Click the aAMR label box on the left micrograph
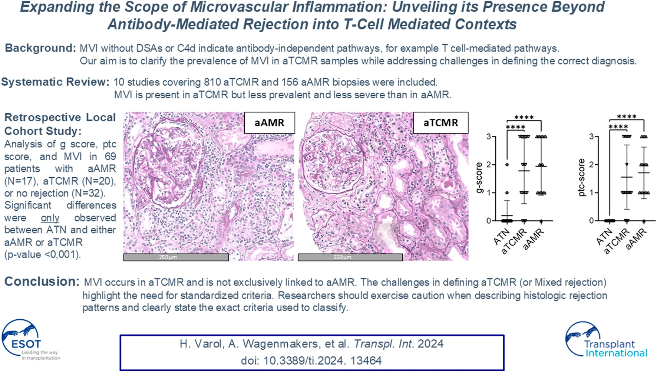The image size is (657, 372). tap(270, 123)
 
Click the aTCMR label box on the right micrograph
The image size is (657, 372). tap(440, 123)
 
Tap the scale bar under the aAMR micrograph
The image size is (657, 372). tap(176, 257)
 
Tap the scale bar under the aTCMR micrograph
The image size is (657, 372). tap(350, 257)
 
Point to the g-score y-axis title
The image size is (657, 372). tap(479, 178)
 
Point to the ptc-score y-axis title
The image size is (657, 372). tap(581, 177)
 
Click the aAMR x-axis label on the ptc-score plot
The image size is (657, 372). tap(636, 238)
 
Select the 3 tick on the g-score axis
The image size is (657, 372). tap(489, 136)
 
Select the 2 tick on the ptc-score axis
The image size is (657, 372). tap(591, 165)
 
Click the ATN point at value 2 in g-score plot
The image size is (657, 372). tap(507, 165)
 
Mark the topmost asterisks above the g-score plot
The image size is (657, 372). tap(524, 118)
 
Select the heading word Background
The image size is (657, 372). tap(40, 48)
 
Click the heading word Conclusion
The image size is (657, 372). tap(42, 282)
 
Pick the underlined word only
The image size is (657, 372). tap(50, 218)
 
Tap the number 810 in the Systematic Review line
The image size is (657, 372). tap(212, 82)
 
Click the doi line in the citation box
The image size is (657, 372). tap(311, 361)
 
